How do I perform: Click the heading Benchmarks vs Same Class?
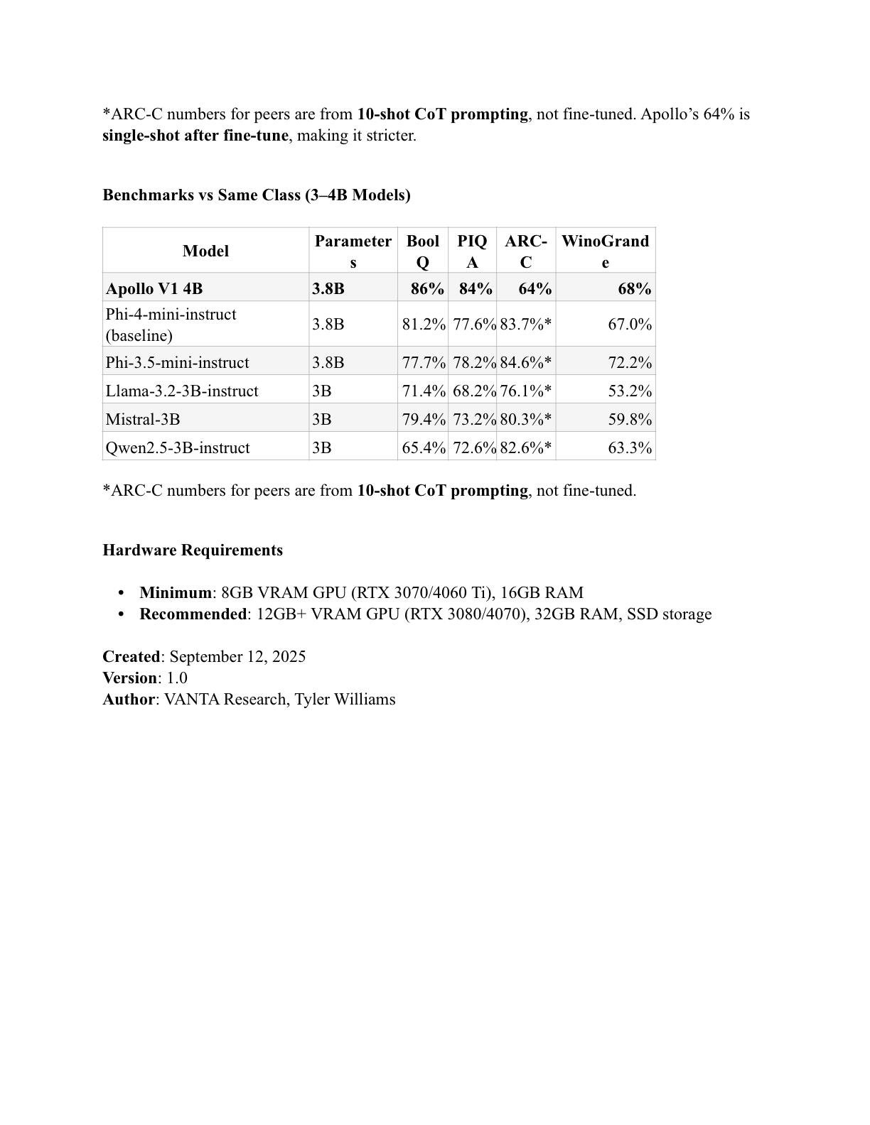[x=257, y=195]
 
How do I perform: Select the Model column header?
[x=205, y=251]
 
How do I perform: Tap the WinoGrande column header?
[x=605, y=251]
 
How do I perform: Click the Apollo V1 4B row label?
[x=154, y=289]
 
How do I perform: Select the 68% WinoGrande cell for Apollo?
[x=635, y=289]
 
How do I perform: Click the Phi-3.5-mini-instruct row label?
[x=177, y=363]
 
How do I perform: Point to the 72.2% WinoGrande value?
[x=630, y=363]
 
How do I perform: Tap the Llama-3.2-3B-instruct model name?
[x=182, y=391]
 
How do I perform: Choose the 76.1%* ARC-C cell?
[x=525, y=391]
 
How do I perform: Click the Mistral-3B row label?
[x=143, y=420]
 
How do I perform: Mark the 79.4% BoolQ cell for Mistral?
[x=424, y=420]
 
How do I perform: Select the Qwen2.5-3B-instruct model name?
[x=178, y=448]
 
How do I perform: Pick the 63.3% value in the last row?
[x=630, y=448]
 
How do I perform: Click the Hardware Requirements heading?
[x=193, y=550]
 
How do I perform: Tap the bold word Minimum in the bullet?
[x=176, y=593]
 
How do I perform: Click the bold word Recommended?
[x=193, y=614]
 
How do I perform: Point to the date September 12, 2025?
[x=237, y=657]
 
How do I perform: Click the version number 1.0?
[x=177, y=678]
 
